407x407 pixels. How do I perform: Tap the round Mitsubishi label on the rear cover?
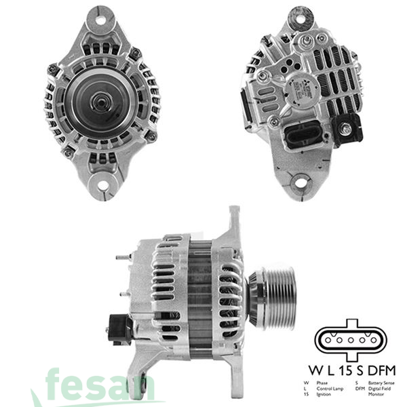click(x=299, y=90)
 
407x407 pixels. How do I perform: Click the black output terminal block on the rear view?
click(x=351, y=127)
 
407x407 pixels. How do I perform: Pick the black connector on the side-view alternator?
click(x=119, y=328)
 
